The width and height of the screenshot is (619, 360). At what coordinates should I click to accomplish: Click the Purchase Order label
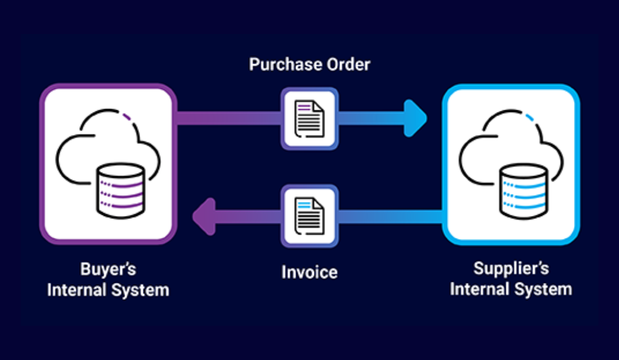309,64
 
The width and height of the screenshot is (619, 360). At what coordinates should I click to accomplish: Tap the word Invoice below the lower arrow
309,273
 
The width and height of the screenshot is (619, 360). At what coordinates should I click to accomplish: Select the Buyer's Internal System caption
108,280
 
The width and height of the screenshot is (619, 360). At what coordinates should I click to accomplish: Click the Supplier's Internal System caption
510,280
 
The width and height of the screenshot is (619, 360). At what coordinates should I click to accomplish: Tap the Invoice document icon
309,215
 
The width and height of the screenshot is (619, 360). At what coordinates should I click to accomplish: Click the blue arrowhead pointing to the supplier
415,119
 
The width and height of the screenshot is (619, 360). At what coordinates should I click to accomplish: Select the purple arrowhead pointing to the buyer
204,215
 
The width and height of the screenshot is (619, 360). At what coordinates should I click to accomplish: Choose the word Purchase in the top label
284,64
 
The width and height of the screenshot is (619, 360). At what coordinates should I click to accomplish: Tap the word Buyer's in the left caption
108,269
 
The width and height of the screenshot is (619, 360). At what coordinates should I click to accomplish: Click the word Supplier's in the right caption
510,269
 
